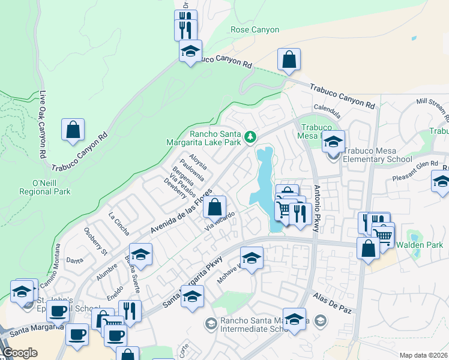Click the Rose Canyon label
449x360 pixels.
click(x=255, y=29)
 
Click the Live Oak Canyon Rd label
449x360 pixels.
click(x=43, y=125)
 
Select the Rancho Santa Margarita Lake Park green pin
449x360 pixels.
click(x=250, y=138)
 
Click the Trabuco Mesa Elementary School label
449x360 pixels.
click(x=377, y=159)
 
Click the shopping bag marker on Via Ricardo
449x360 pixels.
click(x=215, y=208)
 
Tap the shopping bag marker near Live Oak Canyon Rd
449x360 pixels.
click(x=73, y=130)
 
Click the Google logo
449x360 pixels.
click(x=20, y=352)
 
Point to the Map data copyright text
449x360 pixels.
click(x=424, y=355)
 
